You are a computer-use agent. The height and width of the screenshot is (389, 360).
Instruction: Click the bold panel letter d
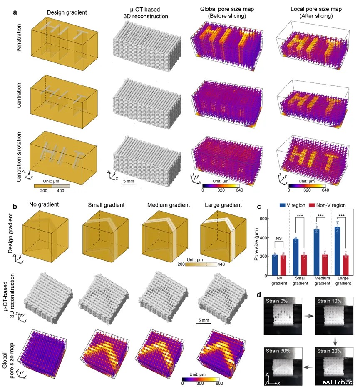click(259, 294)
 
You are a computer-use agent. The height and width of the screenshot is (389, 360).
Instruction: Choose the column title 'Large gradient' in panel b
click(225, 205)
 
